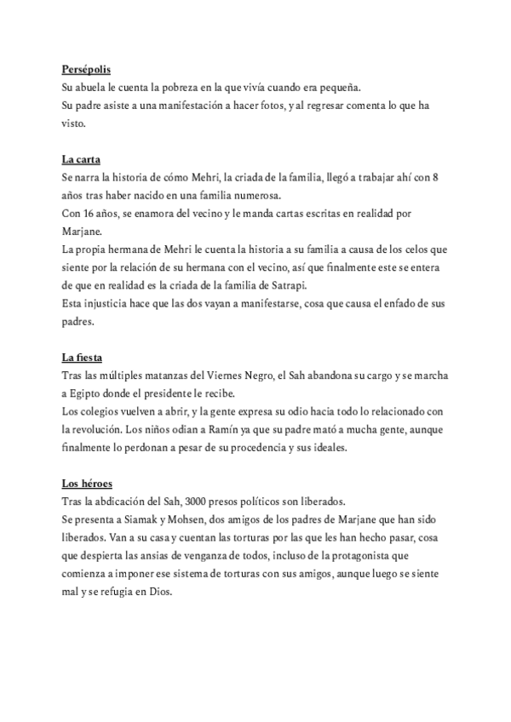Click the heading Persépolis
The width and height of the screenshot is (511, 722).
(86, 70)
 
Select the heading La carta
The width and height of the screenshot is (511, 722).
(81, 159)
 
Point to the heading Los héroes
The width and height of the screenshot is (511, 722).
(87, 482)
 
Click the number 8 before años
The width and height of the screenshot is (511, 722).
(436, 177)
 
